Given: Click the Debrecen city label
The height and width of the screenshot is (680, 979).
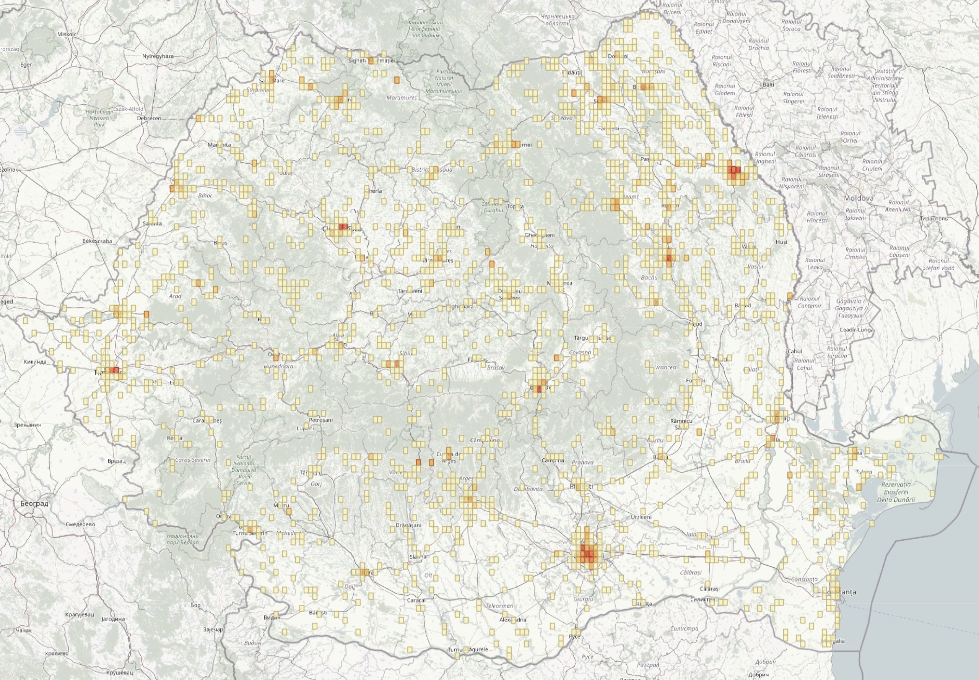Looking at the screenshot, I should click(x=148, y=118).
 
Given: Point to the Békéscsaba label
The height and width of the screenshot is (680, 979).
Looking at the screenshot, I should click(x=98, y=241).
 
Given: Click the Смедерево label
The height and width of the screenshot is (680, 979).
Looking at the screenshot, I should click(x=80, y=524).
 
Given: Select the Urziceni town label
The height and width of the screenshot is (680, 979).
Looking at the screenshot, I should click(x=642, y=517).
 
